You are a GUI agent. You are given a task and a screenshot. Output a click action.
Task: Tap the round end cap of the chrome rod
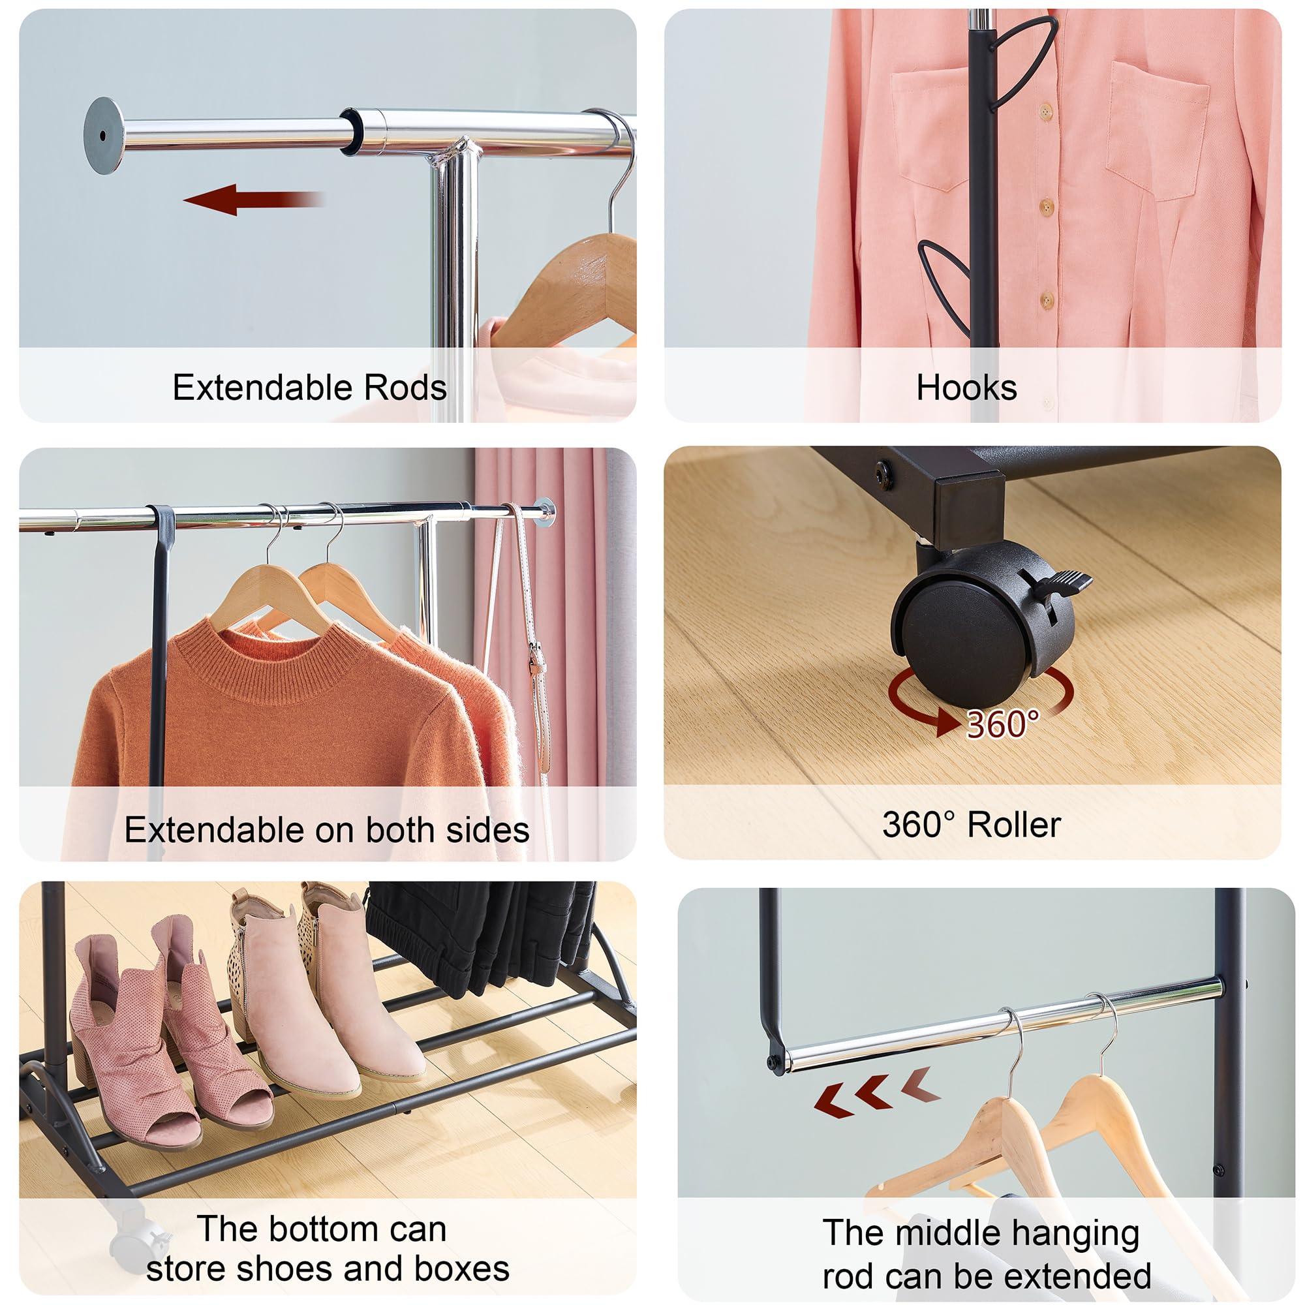103,136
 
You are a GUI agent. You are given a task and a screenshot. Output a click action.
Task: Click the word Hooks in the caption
966,388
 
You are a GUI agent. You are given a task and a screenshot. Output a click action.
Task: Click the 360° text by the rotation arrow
1002,725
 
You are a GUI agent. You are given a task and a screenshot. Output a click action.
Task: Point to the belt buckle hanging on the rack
537,658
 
